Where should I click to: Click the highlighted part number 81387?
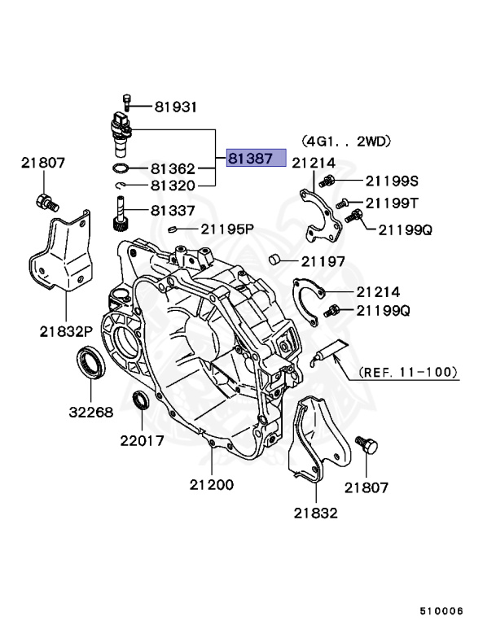(256, 158)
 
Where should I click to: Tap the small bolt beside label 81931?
(126, 103)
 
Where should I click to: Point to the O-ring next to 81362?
(121, 169)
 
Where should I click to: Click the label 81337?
(173, 210)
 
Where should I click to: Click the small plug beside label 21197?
(276, 260)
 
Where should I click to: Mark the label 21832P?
(67, 330)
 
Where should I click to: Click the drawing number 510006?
(441, 609)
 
